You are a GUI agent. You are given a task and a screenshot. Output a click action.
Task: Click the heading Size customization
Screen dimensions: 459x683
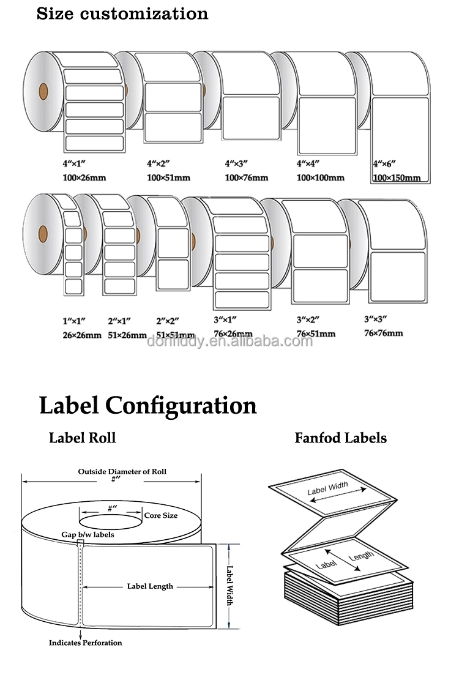point(122,13)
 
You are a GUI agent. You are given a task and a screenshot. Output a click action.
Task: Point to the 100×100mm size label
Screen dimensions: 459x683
point(320,178)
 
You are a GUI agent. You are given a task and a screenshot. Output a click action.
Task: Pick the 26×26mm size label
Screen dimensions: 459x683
point(81,335)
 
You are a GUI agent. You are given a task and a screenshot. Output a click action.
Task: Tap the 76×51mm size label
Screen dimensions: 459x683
point(315,334)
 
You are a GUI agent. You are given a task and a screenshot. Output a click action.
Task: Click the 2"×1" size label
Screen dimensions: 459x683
point(119,320)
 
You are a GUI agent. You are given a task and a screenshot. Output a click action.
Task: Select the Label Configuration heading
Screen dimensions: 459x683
point(147,406)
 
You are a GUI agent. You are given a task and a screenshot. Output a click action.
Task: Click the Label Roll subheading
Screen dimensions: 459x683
point(82,438)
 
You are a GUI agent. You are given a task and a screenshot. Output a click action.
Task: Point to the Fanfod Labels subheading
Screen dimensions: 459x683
point(340,438)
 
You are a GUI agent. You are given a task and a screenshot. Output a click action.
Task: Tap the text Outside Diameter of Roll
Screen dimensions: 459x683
point(122,472)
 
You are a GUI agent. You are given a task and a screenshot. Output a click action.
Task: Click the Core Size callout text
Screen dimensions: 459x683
point(160,515)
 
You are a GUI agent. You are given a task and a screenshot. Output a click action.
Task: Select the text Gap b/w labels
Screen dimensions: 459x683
point(88,535)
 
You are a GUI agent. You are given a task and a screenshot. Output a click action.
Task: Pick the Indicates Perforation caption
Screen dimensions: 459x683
point(85,643)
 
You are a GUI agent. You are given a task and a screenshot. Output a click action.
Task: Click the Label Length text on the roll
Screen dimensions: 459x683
point(150,586)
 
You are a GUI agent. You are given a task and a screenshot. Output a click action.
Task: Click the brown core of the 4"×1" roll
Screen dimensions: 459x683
point(43,92)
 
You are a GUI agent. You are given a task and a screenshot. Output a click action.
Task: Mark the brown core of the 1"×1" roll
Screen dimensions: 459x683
point(43,233)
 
